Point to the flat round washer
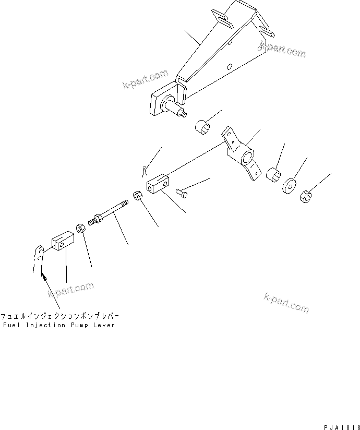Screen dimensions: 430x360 tap(289, 186)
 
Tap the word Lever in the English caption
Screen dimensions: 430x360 tap(104, 325)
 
